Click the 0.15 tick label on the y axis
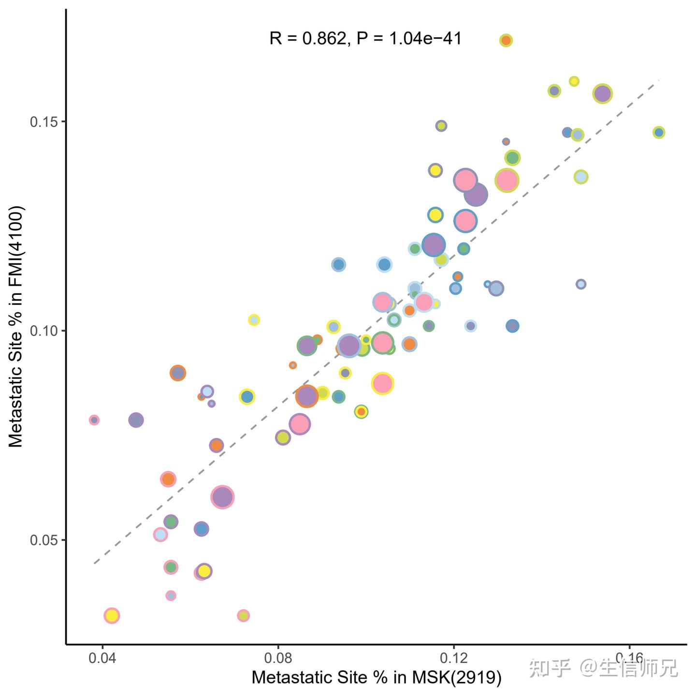43,122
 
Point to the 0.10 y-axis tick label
43,331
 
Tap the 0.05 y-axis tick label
43,540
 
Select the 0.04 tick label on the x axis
102,658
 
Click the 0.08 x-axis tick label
278,658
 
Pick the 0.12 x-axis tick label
453,658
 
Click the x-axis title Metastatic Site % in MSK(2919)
377,677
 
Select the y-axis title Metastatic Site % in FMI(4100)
16,327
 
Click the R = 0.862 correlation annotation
365,38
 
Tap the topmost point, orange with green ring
506,41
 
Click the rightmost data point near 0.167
658,132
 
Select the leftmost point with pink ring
94,420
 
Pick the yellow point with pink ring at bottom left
112,615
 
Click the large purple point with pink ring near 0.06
222,497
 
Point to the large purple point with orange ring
306,396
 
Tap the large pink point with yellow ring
383,383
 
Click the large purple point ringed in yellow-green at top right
602,93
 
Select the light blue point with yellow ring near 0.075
254,320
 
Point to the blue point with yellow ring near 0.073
247,397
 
